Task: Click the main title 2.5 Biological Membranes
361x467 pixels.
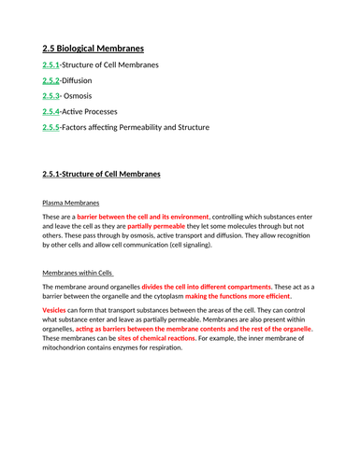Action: (94, 47)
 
